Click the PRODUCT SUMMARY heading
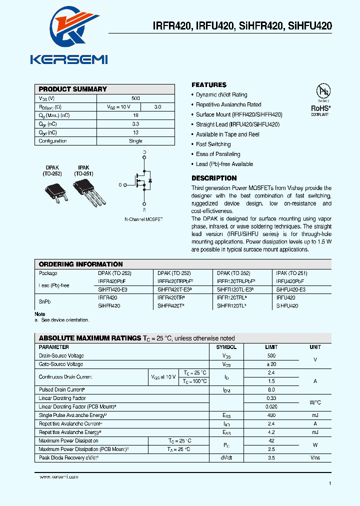[72, 89]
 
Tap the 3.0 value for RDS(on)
[157, 107]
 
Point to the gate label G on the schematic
[120, 185]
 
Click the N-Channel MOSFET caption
[143, 219]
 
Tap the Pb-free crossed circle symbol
[323, 91]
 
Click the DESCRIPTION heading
[214, 178]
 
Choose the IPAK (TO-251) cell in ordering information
[291, 273]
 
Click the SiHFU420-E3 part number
[290, 289]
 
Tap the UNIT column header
[315, 347]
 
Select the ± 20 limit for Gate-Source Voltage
[271, 364]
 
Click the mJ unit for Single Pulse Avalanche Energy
[315, 415]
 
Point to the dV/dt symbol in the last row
[226, 457]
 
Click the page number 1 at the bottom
[330, 483]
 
